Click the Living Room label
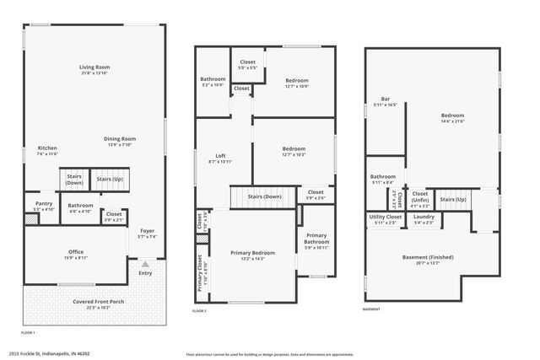coord(94,67)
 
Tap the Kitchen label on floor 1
coord(47,148)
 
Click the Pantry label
coord(44,203)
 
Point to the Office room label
coord(76,251)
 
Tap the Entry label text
coord(145,272)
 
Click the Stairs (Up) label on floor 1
coord(110,179)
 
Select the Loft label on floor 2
coord(220,155)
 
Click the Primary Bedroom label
coord(252,253)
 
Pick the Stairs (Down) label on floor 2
coord(264,196)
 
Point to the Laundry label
coord(424,217)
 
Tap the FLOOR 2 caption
coord(199,312)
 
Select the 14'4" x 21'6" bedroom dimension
coord(452,121)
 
